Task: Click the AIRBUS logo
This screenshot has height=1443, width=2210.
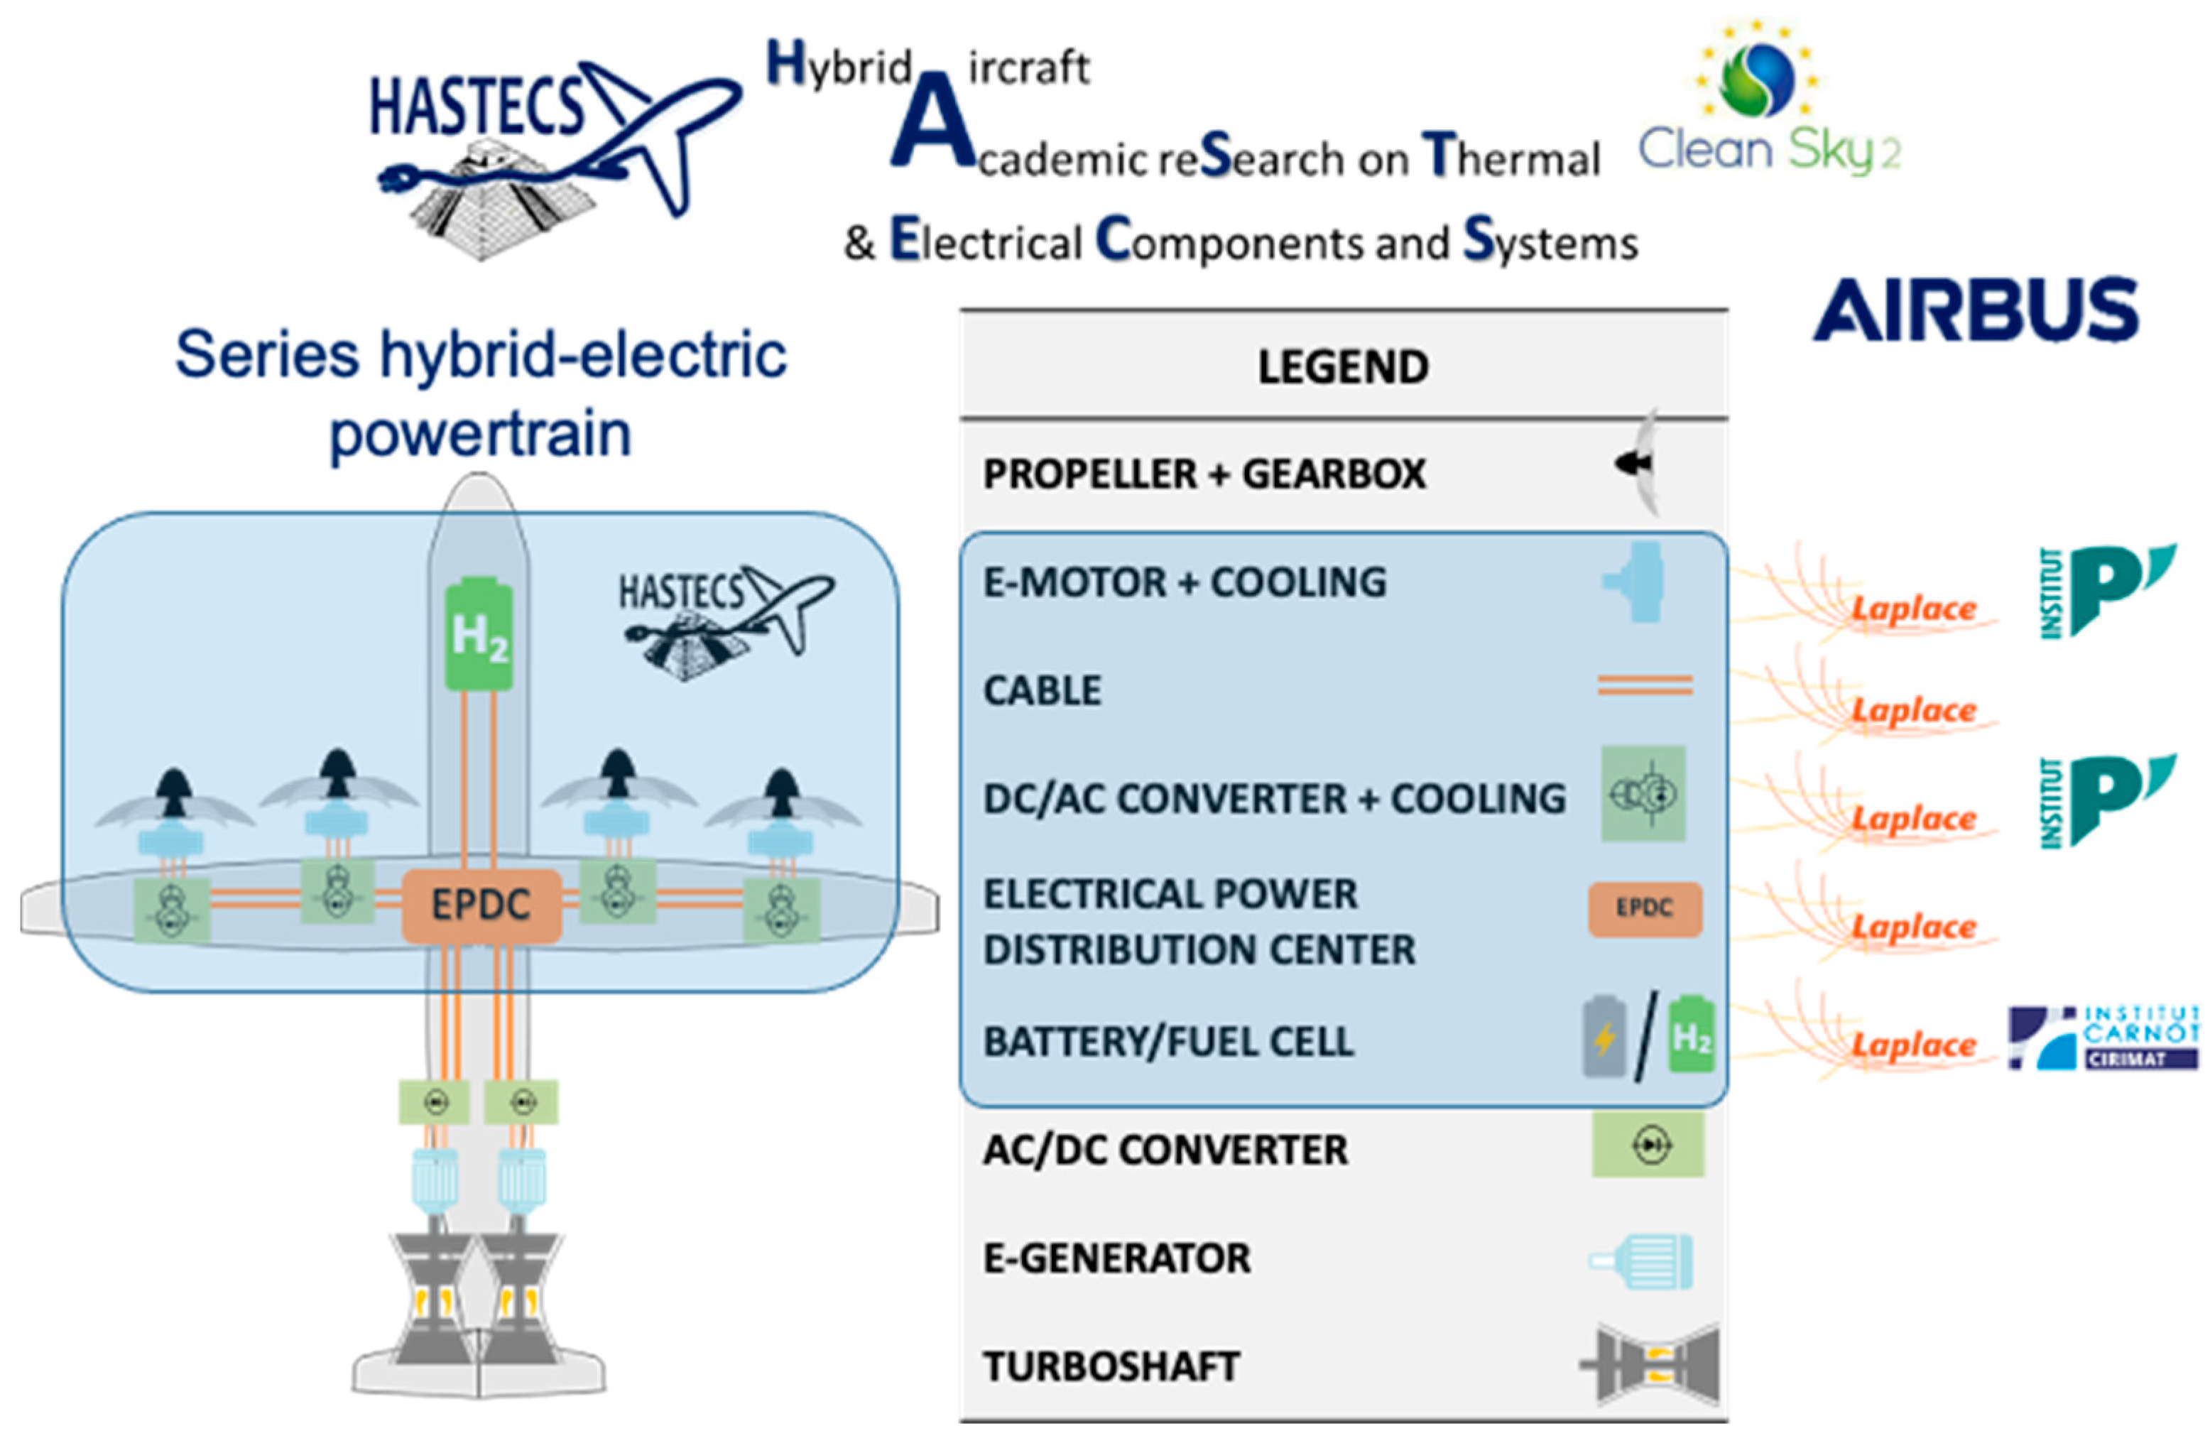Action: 1976,309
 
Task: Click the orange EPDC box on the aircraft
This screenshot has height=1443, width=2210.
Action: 481,905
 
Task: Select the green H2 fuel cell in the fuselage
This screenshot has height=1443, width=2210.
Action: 478,635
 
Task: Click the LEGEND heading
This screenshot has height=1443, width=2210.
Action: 1343,366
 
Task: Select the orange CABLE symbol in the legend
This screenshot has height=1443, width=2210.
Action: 1645,685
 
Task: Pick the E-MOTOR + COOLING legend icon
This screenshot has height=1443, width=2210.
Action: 1636,582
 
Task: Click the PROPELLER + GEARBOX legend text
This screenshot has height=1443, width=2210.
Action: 1204,474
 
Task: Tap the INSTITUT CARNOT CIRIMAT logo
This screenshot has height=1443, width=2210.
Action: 2103,1038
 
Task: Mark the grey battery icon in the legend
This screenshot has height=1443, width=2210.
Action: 1604,1036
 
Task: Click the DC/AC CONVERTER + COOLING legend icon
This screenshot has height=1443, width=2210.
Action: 1643,794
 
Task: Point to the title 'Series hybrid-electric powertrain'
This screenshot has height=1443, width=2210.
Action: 481,393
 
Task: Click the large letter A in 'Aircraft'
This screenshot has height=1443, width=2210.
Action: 931,123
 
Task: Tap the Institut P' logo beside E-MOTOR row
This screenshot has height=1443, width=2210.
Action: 2106,591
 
